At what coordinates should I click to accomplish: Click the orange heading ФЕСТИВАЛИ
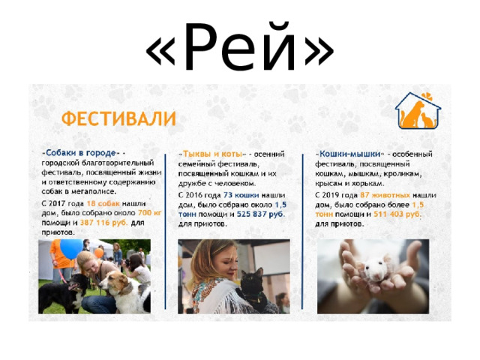click(x=118, y=119)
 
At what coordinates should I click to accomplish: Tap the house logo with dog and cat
click(x=418, y=112)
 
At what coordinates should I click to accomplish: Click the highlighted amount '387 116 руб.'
click(x=103, y=223)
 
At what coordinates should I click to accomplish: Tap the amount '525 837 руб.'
click(x=261, y=214)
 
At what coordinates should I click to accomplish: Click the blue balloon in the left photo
click(x=70, y=248)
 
